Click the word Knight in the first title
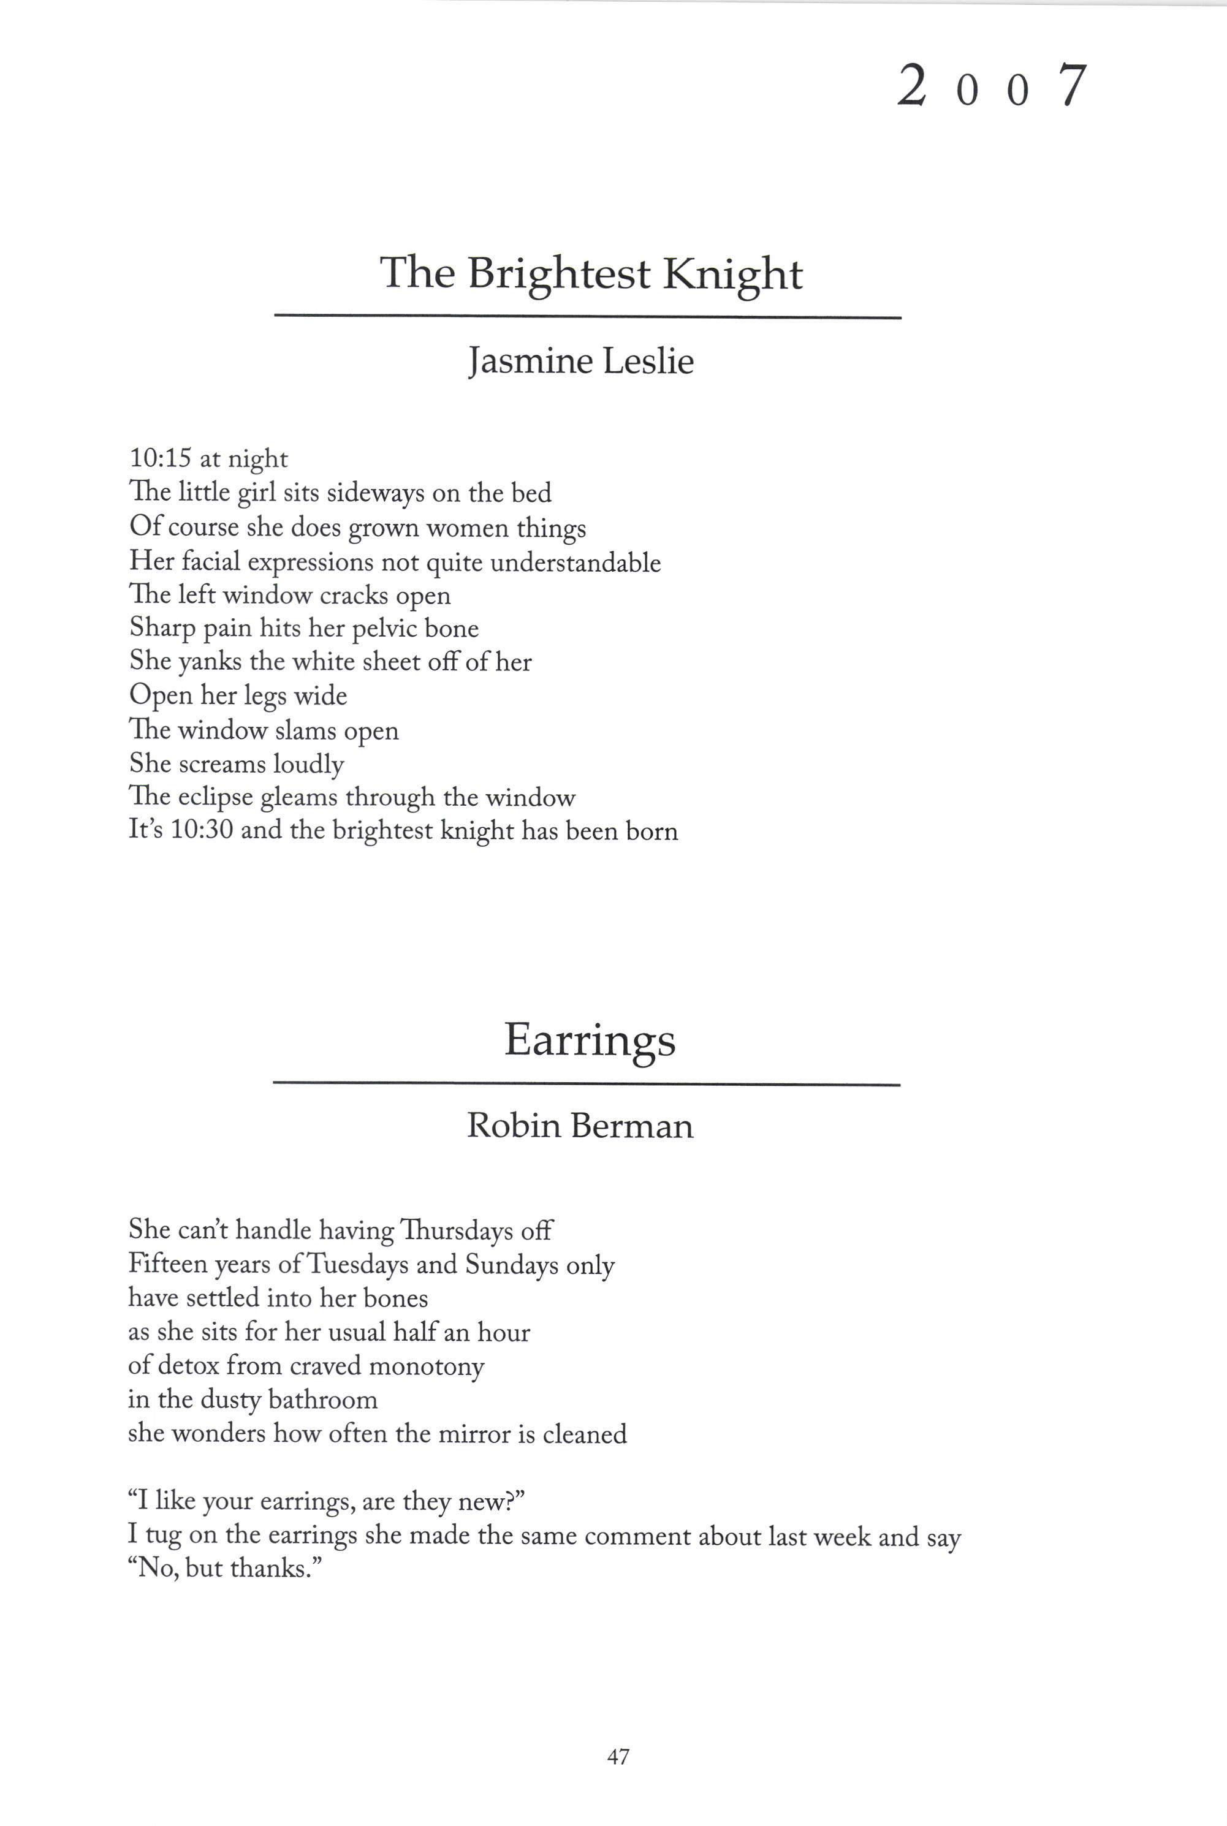coord(732,275)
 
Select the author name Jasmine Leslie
coord(580,362)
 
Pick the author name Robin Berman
coord(580,1126)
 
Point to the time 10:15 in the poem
coord(159,458)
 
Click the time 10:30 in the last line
coord(202,830)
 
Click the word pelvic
coord(384,628)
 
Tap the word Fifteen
coord(167,1264)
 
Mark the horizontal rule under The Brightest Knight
coord(588,317)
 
